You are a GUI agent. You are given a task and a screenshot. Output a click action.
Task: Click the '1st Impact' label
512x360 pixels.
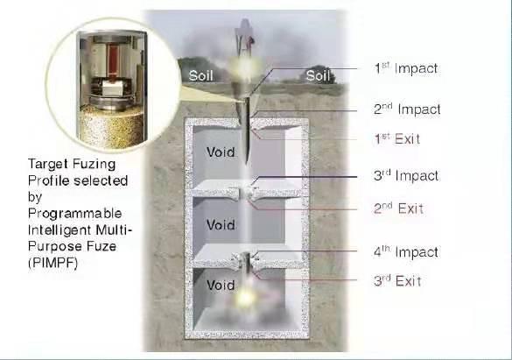tap(406, 68)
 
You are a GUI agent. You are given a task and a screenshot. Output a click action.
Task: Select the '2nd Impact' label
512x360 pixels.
tap(407, 109)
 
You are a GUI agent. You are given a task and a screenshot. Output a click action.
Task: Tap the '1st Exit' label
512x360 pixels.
tap(396, 139)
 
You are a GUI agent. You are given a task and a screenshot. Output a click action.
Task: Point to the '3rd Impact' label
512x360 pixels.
tap(406, 176)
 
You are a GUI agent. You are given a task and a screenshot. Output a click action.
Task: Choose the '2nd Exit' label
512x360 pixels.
tap(398, 208)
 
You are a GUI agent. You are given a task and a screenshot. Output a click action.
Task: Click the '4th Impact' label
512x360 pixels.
tap(406, 252)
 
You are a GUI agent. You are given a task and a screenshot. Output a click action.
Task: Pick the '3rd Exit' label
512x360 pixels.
tap(397, 281)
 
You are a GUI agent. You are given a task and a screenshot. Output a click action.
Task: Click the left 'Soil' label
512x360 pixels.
tap(201, 76)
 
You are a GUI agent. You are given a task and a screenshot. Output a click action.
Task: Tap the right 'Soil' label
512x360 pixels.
tap(318, 76)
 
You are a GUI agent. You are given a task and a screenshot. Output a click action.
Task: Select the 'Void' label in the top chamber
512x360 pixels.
tap(221, 152)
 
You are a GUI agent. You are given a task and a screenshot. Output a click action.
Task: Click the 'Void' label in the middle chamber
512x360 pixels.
tap(221, 225)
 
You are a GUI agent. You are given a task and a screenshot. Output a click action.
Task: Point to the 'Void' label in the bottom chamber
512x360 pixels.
tap(221, 286)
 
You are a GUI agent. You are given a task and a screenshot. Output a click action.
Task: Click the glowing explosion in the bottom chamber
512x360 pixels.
tap(245, 298)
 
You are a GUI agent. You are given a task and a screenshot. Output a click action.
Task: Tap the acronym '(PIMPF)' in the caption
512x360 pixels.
tap(53, 263)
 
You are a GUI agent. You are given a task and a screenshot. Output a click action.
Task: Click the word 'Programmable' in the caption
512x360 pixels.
tap(74, 214)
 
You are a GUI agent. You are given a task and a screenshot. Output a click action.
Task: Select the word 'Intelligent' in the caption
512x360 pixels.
tap(60, 229)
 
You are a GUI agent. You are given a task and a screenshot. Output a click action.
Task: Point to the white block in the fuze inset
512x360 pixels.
tap(113, 88)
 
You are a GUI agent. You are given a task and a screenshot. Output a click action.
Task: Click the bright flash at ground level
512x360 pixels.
tap(244, 67)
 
